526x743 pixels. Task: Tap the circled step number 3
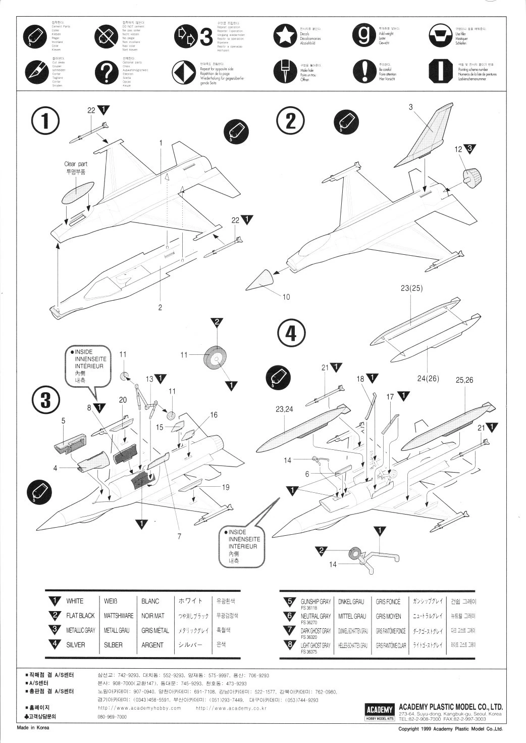click(x=45, y=399)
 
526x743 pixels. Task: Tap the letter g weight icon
click(x=363, y=35)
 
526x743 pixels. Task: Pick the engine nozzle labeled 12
click(x=472, y=176)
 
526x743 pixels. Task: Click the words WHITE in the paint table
click(x=75, y=601)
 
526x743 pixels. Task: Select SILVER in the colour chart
click(x=76, y=645)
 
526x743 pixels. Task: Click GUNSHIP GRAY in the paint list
click(x=315, y=601)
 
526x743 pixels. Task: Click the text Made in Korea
click(x=33, y=728)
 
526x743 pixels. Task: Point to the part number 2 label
click(x=160, y=307)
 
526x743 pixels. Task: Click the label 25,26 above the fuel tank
click(x=464, y=380)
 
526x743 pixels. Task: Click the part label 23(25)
click(x=411, y=289)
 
